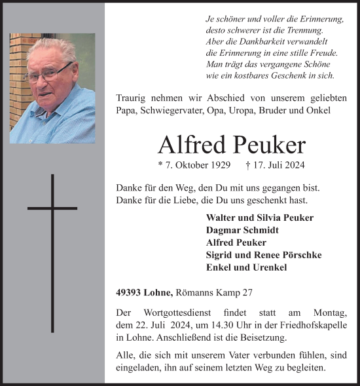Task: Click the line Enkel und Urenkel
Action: coord(237,267)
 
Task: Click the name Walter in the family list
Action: coord(221,218)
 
